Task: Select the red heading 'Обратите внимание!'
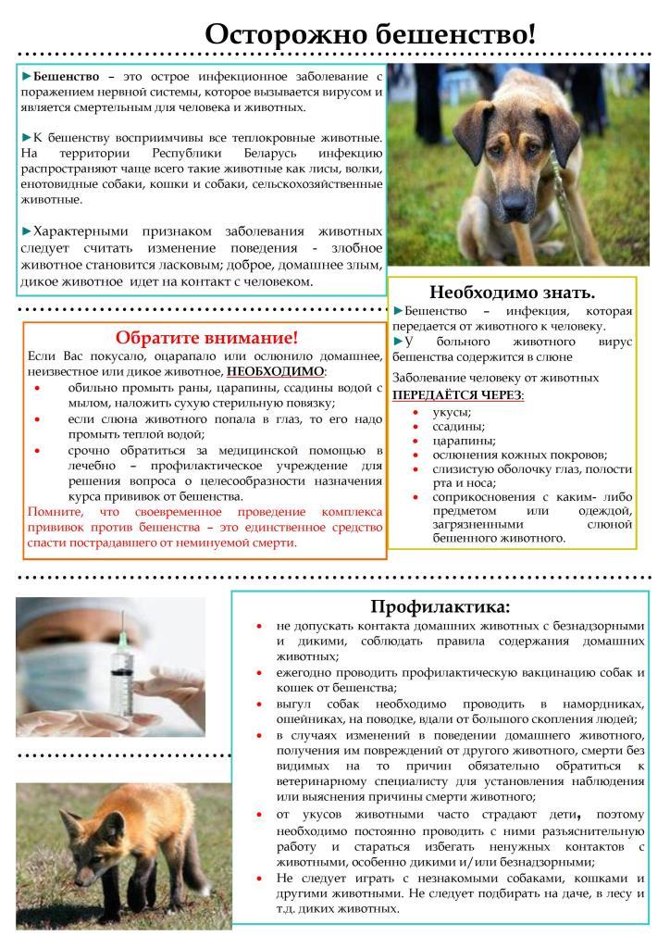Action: point(206,338)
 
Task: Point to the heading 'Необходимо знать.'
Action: point(512,292)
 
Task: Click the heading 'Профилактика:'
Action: point(440,606)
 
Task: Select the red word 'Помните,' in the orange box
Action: point(58,511)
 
